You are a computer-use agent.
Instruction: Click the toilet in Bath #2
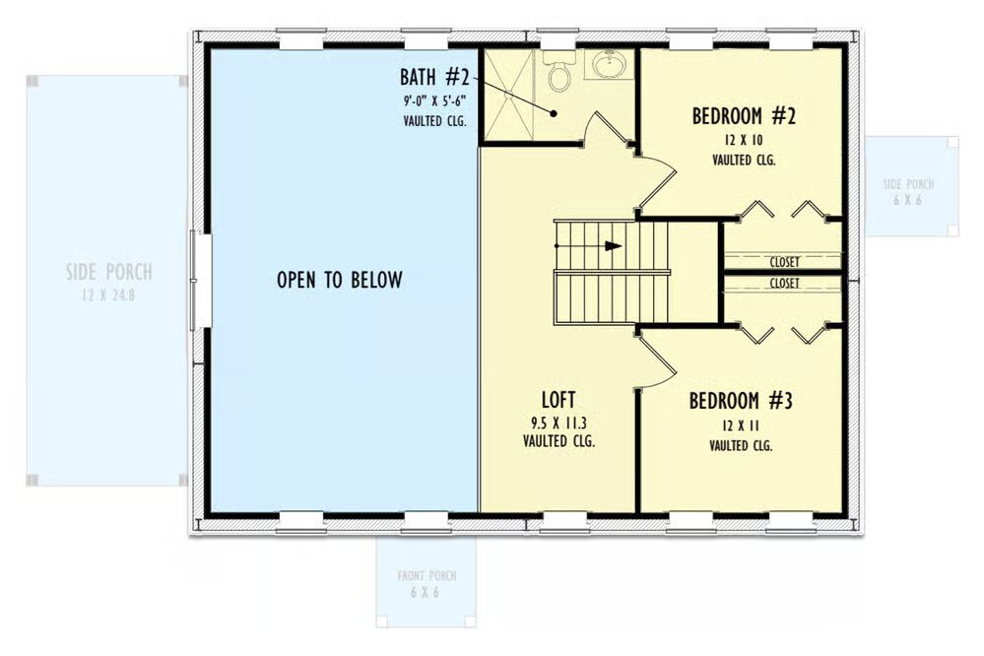point(558,70)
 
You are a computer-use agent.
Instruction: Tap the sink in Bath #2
point(608,64)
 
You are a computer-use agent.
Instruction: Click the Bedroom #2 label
point(744,116)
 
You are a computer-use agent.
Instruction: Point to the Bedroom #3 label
point(741,401)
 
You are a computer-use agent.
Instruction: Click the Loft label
point(558,399)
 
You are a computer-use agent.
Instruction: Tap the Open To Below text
point(340,280)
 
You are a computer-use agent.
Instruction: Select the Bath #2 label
point(434,77)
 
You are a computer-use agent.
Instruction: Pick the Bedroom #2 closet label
point(784,262)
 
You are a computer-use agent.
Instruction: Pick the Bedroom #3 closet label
point(784,284)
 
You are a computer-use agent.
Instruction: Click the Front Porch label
point(426,575)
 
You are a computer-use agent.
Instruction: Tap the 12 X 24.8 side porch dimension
point(108,295)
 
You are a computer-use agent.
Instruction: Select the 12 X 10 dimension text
point(743,140)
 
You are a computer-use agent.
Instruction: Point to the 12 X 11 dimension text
point(741,426)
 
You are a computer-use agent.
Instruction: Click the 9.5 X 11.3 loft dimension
point(558,423)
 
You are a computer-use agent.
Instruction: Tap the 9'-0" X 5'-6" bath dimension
point(434,100)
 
